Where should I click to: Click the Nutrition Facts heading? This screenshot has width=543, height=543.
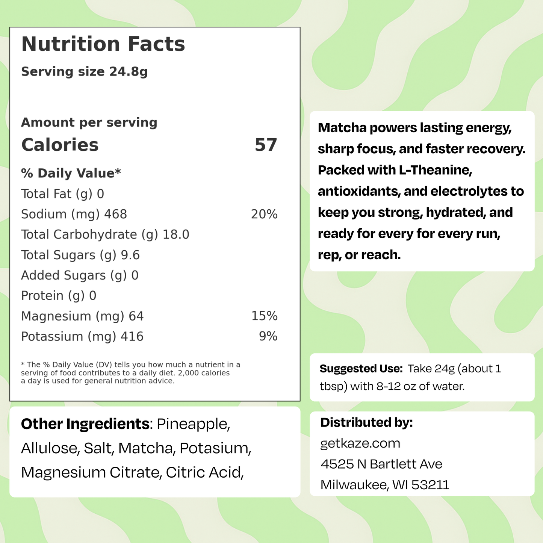tap(103, 44)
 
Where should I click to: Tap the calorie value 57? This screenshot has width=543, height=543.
tap(266, 145)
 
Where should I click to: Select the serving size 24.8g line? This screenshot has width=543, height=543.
tap(84, 71)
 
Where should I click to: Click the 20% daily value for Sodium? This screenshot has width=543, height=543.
tap(264, 214)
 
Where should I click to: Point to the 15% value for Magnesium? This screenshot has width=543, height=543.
tap(264, 316)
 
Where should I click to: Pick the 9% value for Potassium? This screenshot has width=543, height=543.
tap(268, 336)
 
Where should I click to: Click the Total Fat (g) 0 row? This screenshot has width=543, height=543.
tap(62, 194)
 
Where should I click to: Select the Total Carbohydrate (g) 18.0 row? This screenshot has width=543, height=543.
tap(105, 234)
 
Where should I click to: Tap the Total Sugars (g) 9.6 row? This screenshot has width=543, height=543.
tap(80, 255)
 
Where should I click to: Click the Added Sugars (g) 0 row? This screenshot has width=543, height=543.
tap(80, 275)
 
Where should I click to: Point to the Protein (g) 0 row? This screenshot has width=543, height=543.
tap(59, 296)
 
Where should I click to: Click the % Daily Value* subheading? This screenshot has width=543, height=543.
tap(71, 173)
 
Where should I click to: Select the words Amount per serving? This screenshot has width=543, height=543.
tap(89, 123)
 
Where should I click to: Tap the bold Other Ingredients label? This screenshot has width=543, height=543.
tap(85, 424)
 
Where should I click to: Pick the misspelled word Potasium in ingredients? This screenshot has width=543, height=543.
tap(215, 448)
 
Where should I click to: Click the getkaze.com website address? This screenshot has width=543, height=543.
tap(360, 443)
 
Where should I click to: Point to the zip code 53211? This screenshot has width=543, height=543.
tap(430, 485)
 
